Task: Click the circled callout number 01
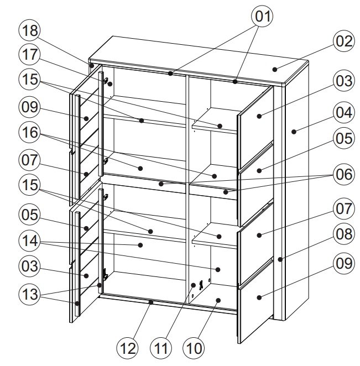point(263,17)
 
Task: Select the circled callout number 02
point(344,41)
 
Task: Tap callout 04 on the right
point(344,113)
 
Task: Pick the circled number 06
point(344,174)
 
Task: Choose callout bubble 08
point(344,234)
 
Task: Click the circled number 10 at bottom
point(194,348)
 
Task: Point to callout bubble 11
point(160,348)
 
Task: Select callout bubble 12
point(128,348)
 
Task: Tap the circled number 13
point(30,294)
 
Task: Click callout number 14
point(30,240)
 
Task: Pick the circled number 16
point(30,133)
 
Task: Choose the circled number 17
point(30,55)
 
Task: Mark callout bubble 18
point(30,30)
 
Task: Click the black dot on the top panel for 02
point(275,69)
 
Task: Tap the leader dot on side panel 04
point(294,132)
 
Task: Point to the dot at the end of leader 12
point(151,302)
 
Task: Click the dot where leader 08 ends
point(280,259)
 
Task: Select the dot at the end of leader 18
point(92,66)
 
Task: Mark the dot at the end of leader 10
point(218,300)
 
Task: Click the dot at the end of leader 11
point(194,285)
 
